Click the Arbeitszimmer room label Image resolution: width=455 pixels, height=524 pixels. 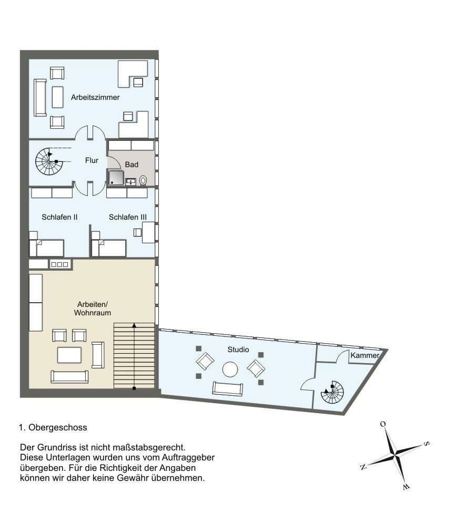pos(95,98)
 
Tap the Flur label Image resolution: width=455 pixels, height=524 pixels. pos(92,161)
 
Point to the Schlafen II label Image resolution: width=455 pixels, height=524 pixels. pos(59,217)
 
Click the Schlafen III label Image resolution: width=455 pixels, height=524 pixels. pos(128,217)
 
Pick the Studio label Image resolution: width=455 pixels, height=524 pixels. pos(238,350)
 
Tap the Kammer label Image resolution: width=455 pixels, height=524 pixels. pos(365,356)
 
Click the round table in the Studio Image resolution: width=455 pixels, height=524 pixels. pos(230,369)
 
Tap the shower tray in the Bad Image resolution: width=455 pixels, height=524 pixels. pos(116,178)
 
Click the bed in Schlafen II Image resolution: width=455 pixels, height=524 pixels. pos(47,248)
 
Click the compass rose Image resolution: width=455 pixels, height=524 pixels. pos(395,453)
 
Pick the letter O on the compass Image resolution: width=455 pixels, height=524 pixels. pos(383,424)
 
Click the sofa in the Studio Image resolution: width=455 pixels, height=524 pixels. pos(228,388)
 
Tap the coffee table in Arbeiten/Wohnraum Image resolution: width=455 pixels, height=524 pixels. pos(69,355)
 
